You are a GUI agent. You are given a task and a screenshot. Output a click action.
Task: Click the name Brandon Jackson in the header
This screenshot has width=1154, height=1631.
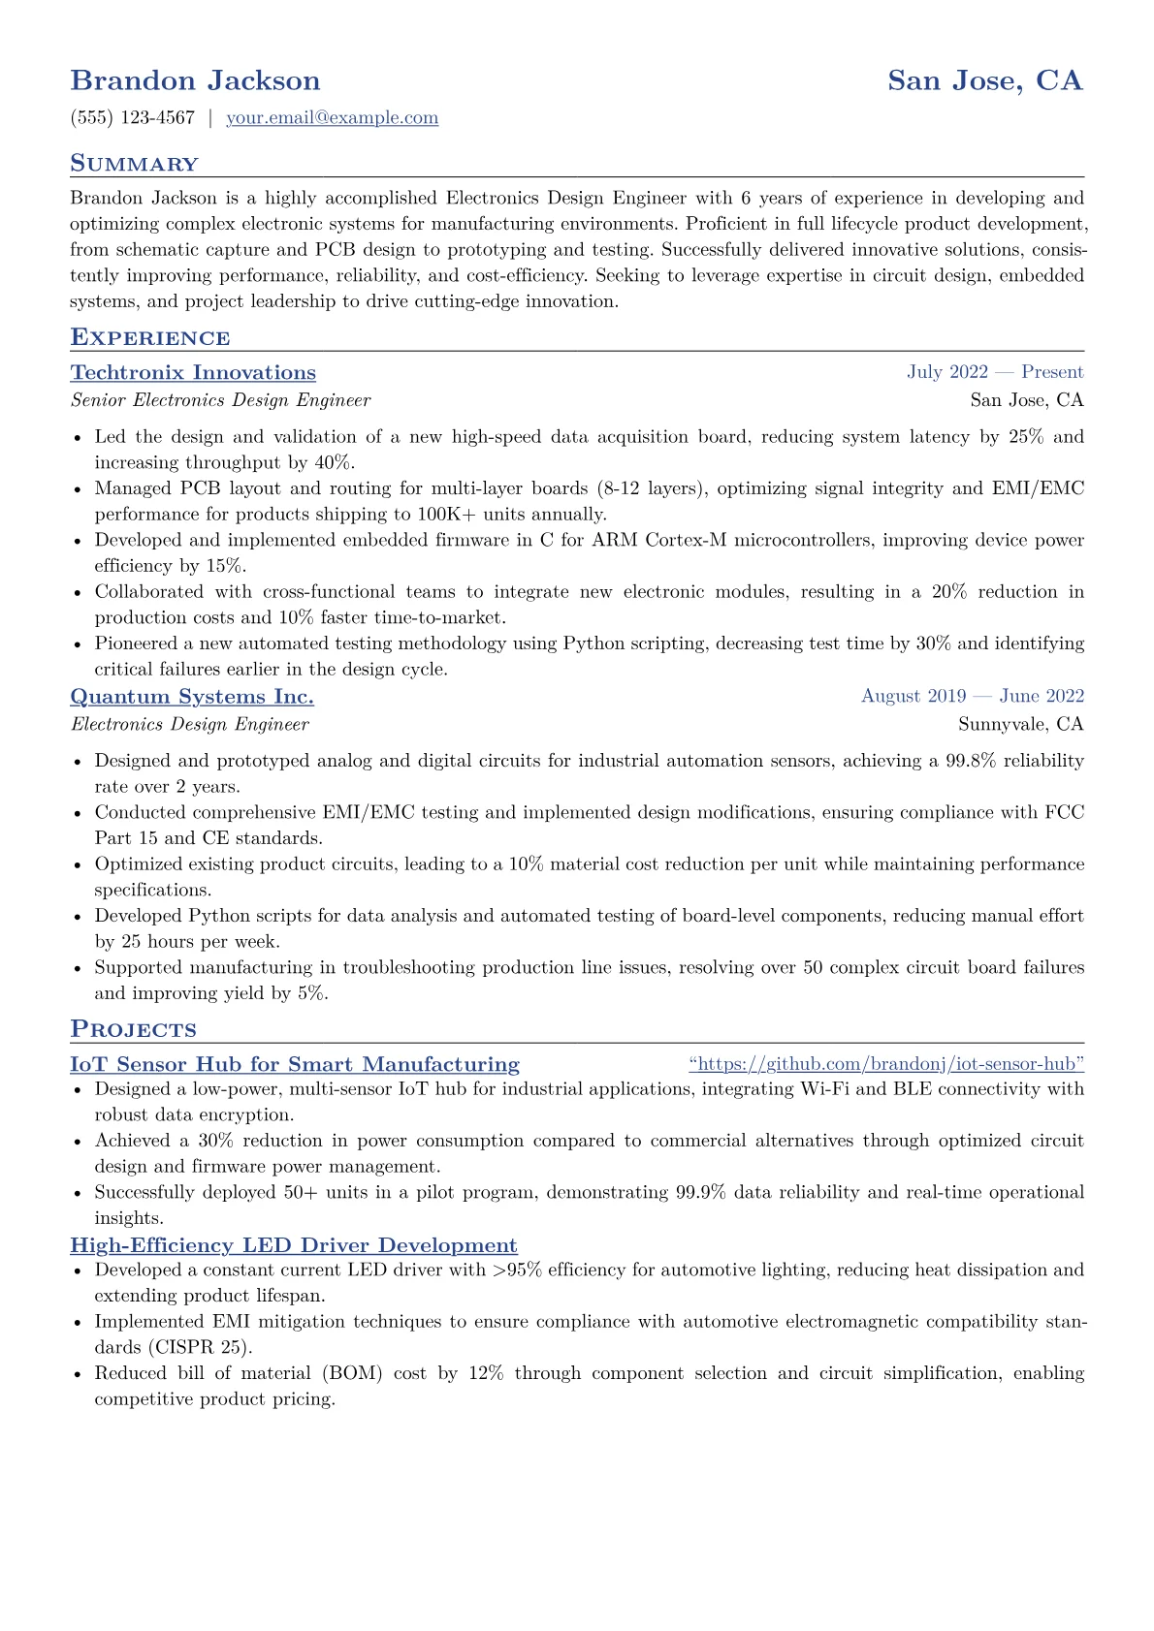click(195, 80)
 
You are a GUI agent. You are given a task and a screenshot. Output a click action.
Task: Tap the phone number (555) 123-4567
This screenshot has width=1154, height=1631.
click(133, 118)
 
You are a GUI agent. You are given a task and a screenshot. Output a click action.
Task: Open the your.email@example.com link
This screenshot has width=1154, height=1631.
click(332, 118)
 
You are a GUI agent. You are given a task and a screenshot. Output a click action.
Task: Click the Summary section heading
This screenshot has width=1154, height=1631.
click(134, 164)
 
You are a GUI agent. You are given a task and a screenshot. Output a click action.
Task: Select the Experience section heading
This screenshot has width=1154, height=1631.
click(149, 337)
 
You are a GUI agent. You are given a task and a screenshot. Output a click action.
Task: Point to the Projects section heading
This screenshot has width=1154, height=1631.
click(133, 1029)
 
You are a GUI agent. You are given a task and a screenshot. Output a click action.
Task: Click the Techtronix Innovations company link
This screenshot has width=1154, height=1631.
click(193, 373)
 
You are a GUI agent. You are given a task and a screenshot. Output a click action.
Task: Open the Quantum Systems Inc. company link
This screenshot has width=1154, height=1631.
click(192, 697)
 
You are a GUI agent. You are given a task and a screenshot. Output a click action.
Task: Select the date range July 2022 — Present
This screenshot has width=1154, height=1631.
click(995, 372)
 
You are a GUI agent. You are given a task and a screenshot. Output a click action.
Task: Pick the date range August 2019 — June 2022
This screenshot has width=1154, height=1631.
click(972, 696)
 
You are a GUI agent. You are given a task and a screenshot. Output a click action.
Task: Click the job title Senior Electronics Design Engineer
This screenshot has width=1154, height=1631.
click(220, 400)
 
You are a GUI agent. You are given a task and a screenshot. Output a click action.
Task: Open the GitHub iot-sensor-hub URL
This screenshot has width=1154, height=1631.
click(886, 1064)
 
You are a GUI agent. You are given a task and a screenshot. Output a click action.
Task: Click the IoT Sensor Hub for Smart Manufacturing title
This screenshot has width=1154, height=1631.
click(295, 1064)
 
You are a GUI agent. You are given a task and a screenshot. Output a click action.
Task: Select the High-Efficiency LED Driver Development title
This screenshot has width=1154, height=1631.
click(294, 1245)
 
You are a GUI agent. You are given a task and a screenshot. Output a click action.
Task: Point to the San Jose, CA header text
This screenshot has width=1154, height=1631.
click(984, 80)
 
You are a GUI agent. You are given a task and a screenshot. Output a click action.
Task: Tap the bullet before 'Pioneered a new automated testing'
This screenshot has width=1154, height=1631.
click(78, 644)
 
